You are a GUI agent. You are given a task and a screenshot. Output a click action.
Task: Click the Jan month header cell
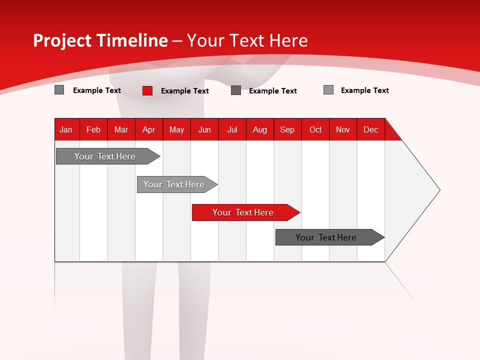click(66, 129)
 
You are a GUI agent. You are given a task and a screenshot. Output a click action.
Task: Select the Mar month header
click(121, 129)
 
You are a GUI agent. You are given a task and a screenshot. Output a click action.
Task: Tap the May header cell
click(176, 129)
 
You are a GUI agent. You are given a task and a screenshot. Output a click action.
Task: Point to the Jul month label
click(232, 129)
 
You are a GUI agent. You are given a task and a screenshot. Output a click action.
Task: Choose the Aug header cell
click(259, 129)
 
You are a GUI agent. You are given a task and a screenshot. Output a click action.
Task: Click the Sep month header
click(287, 129)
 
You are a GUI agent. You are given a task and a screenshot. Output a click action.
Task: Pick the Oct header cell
click(315, 129)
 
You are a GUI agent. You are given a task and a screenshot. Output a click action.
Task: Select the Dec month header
click(370, 129)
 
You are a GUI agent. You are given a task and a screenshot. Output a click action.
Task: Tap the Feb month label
click(93, 129)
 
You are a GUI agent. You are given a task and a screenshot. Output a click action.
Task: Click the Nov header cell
click(342, 129)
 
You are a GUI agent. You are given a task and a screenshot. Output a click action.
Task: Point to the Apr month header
click(148, 129)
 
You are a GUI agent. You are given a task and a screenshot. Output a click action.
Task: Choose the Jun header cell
click(204, 129)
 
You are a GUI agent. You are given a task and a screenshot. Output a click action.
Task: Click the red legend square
click(147, 90)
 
